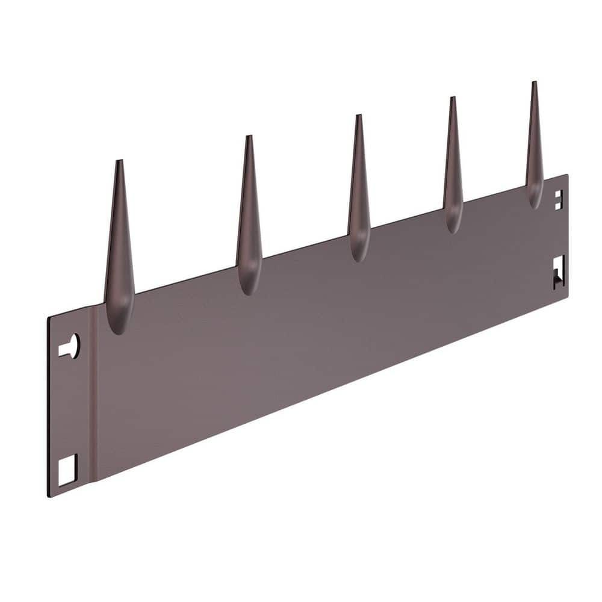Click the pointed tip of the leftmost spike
pyautogui.click(x=119, y=161)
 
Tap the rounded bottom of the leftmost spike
pyautogui.click(x=119, y=328)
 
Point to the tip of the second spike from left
pyautogui.click(x=248, y=137)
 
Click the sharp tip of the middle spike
pyautogui.click(x=358, y=116)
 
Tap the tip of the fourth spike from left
pyautogui.click(x=452, y=98)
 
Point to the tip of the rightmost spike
pyautogui.click(x=534, y=83)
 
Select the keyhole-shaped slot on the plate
pyautogui.click(x=70, y=347)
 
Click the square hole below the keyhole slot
pyautogui.click(x=67, y=470)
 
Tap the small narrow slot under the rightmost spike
pyautogui.click(x=559, y=200)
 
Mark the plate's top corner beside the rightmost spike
pyautogui.click(x=566, y=176)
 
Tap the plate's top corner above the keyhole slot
pyautogui.click(x=48, y=317)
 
